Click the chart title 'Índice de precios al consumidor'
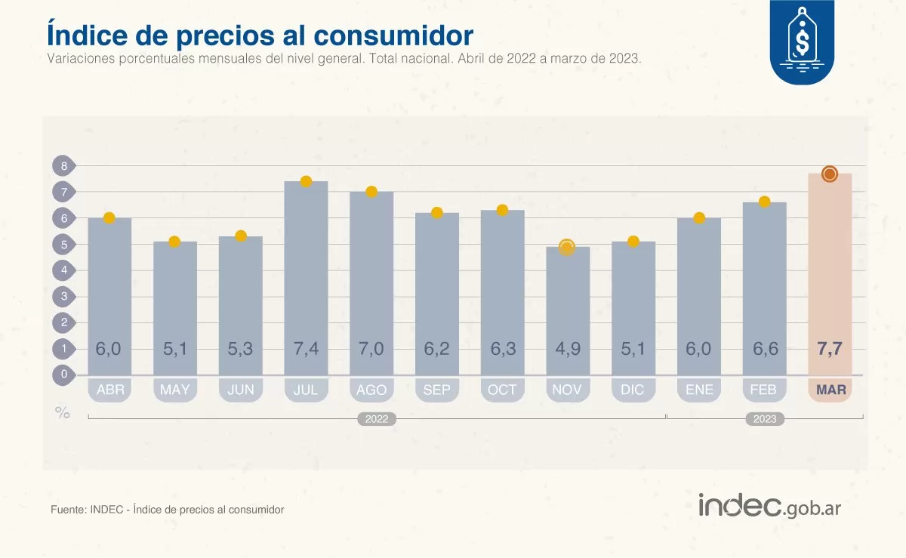(260, 35)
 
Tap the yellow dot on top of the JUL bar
(306, 181)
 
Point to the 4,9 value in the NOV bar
(568, 349)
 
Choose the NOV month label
(568, 390)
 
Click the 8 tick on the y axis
(64, 166)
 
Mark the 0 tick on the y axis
(64, 374)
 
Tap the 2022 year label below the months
(377, 419)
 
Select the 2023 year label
(765, 419)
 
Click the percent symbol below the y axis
(62, 412)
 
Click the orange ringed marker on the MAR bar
(829, 174)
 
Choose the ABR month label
(110, 390)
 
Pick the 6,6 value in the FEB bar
(765, 349)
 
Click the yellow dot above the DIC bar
(633, 242)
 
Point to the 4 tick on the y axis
(64, 270)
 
